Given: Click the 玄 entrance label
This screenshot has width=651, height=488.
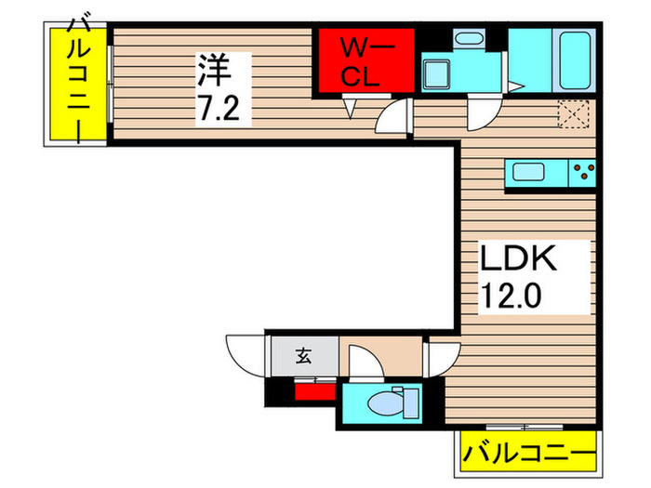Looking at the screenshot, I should tap(303, 354).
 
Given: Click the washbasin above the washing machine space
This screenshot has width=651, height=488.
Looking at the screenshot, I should tap(467, 39).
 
